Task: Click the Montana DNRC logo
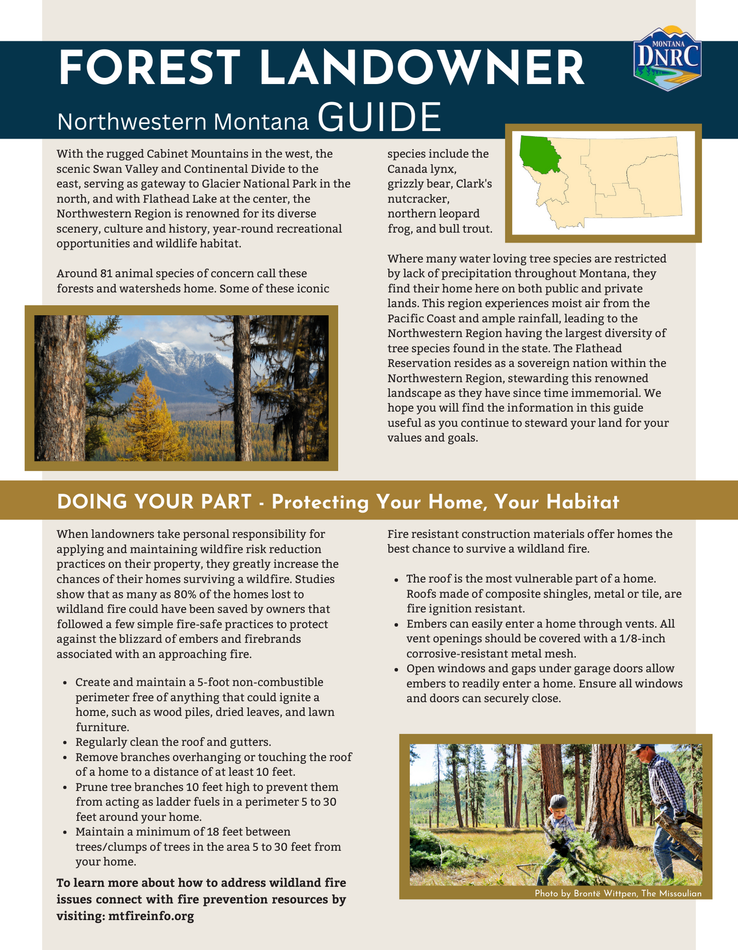(667, 59)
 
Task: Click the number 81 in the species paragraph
(107, 274)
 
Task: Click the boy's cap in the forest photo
(559, 800)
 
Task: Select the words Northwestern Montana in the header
(183, 122)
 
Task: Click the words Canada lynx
(421, 169)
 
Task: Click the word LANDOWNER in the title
(422, 68)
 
